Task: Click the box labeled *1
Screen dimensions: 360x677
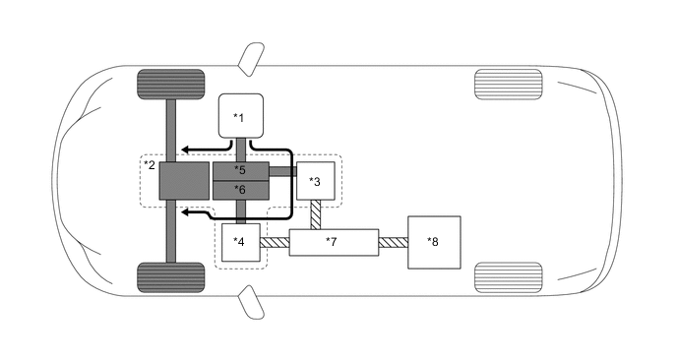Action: coord(240,117)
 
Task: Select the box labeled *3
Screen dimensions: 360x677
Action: coord(316,180)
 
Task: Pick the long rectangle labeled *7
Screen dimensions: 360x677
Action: coord(334,241)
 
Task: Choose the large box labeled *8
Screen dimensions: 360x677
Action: coord(432,241)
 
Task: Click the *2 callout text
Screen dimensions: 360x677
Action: coord(150,164)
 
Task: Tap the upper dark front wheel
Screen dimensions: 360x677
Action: coord(170,83)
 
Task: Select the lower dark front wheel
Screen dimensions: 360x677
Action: coord(170,276)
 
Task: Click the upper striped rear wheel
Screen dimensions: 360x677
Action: coord(508,82)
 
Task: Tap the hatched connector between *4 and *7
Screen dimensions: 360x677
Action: coord(277,241)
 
